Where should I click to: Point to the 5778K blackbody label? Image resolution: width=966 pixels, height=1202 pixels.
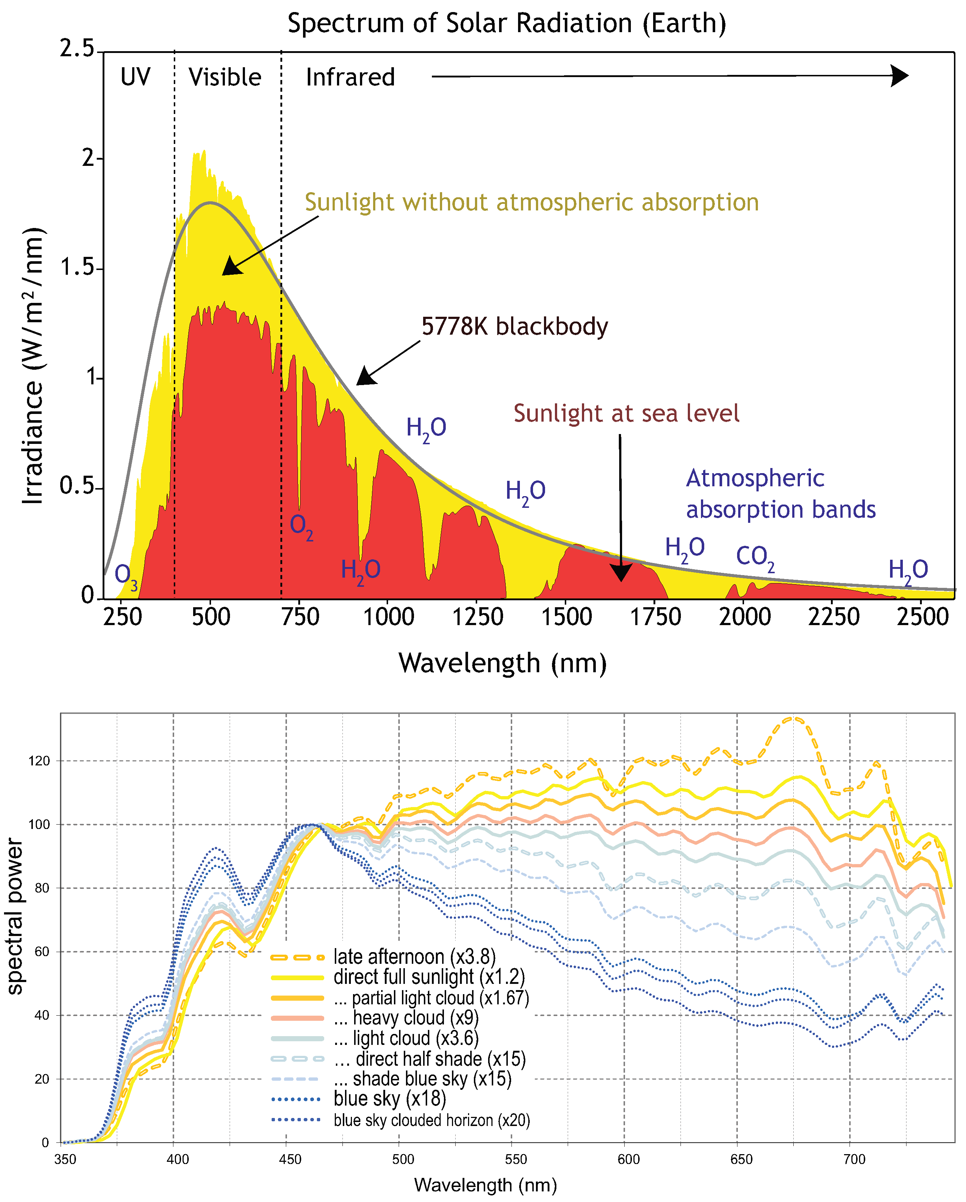pos(514,326)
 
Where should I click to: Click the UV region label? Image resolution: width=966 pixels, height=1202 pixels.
pos(135,77)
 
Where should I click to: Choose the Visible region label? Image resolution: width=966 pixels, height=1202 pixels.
pos(225,77)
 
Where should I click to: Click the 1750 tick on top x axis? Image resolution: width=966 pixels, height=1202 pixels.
pos(655,617)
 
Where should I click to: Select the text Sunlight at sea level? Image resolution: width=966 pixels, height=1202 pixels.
pos(626,413)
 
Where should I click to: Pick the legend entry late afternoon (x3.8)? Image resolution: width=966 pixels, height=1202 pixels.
pos(414,957)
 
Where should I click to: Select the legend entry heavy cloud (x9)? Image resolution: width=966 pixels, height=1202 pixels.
pos(415,1018)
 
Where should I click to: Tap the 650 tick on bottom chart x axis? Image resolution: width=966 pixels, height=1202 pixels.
pos(741,1160)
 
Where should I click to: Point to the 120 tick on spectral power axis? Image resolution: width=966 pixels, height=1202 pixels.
pos(39,761)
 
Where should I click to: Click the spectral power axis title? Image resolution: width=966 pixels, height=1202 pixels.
pos(16,917)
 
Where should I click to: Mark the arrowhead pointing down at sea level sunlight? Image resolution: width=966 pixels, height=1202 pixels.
pos(621,572)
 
